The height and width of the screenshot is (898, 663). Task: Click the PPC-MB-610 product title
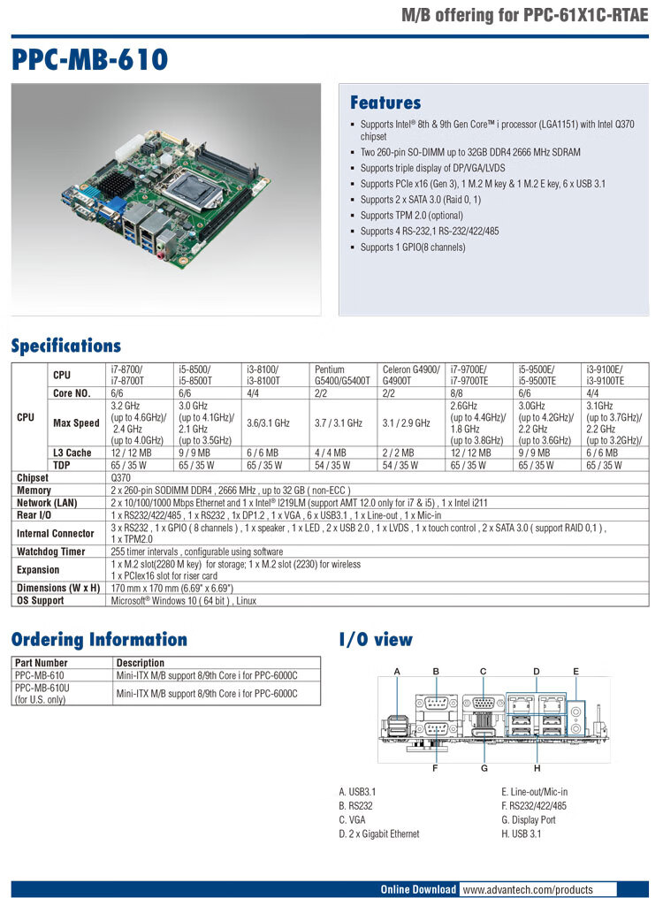click(x=90, y=60)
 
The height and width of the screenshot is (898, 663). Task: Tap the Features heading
click(x=385, y=103)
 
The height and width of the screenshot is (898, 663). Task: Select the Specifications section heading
click(x=66, y=346)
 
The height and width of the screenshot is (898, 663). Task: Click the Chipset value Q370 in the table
click(x=121, y=477)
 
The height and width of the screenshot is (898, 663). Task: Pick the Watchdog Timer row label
click(x=51, y=552)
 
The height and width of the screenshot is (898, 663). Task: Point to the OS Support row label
click(x=41, y=600)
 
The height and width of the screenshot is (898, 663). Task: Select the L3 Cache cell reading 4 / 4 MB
click(x=331, y=453)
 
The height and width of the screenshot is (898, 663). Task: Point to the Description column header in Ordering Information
click(x=140, y=662)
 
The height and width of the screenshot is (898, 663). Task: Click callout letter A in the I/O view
click(x=398, y=672)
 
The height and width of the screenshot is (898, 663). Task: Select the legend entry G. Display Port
click(x=528, y=819)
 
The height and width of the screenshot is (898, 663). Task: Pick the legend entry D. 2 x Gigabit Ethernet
click(x=378, y=833)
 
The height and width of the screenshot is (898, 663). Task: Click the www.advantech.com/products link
click(x=526, y=889)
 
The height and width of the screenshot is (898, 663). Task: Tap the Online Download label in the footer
click(x=418, y=889)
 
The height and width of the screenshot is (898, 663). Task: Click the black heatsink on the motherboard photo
click(x=115, y=184)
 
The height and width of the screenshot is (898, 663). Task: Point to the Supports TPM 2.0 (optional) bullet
click(x=412, y=215)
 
